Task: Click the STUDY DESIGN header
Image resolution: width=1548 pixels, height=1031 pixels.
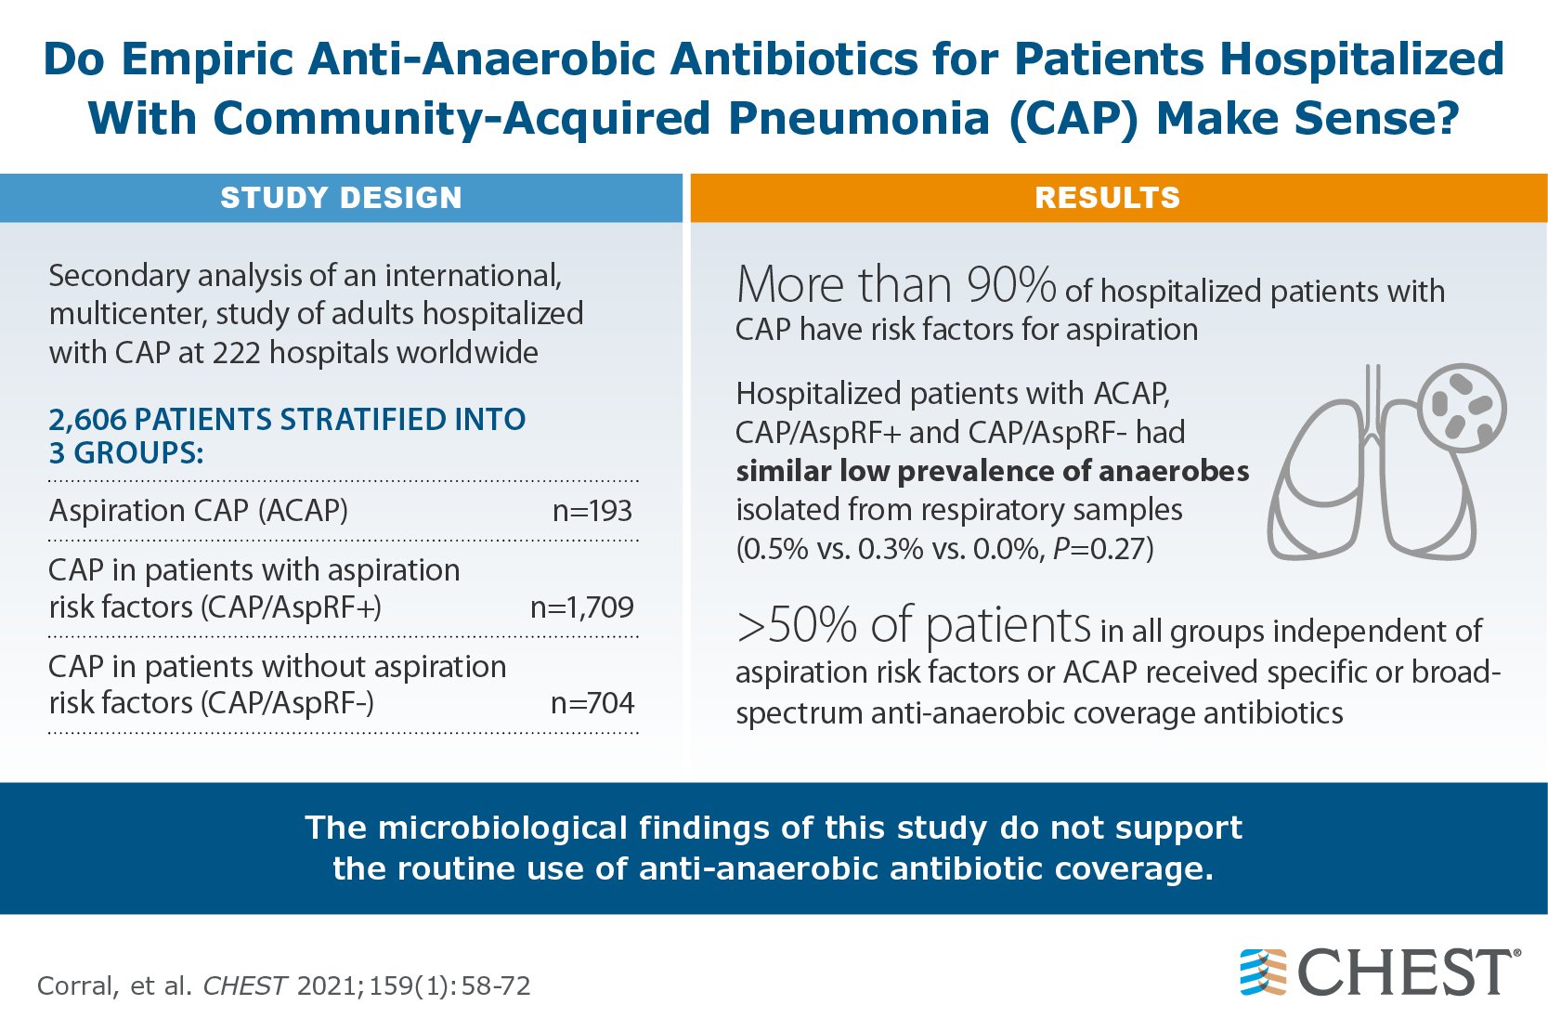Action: [x=341, y=198]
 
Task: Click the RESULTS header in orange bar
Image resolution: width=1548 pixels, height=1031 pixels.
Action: [x=1107, y=198]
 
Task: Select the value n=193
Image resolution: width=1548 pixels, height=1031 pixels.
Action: [x=592, y=511]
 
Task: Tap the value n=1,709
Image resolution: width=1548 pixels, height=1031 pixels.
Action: [x=581, y=607]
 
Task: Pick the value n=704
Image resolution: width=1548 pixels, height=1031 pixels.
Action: [x=592, y=703]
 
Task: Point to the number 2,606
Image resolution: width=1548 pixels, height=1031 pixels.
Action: [x=86, y=420]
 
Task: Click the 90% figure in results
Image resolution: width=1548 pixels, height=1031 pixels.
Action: [x=1010, y=285]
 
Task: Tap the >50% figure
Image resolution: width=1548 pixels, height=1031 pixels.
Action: [x=796, y=626]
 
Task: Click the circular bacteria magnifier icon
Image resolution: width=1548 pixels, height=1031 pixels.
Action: [x=1463, y=407]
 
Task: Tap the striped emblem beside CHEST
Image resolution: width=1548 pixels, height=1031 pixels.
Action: [x=1263, y=972]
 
